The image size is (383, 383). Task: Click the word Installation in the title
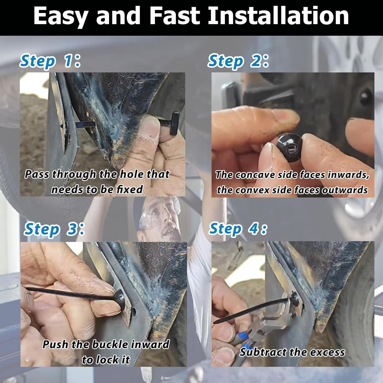[x=278, y=16]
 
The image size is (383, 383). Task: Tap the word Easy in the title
[x=60, y=16]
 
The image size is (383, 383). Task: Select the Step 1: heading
[x=50, y=62]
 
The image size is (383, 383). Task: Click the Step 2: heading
[x=238, y=62]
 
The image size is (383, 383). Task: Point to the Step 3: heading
[x=54, y=229]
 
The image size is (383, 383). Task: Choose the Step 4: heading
[x=238, y=229]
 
